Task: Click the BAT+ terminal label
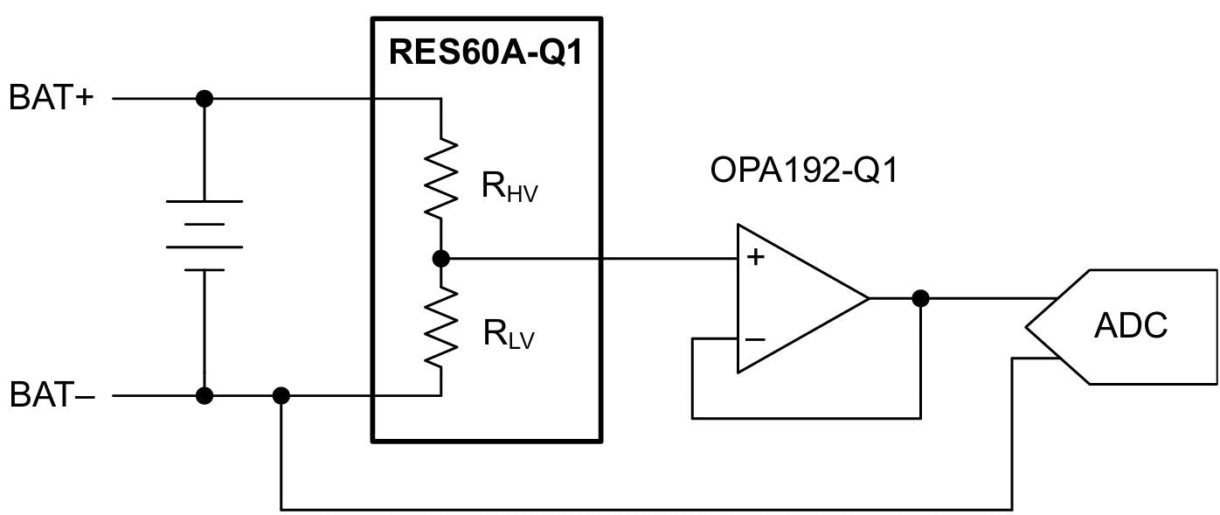coord(51,99)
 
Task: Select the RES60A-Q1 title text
coord(485,52)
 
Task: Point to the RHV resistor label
coord(509,188)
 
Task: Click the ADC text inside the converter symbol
coord(1130,326)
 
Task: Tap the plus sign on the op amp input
coord(756,257)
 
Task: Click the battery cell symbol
coord(204,235)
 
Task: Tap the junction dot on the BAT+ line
coord(204,99)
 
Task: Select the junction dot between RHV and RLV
coord(441,258)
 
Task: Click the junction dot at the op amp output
coord(920,298)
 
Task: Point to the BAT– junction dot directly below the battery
coord(204,396)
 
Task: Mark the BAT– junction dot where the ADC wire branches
coord(281,396)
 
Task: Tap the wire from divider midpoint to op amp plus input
coord(594,258)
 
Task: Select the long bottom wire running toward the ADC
coord(647,509)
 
